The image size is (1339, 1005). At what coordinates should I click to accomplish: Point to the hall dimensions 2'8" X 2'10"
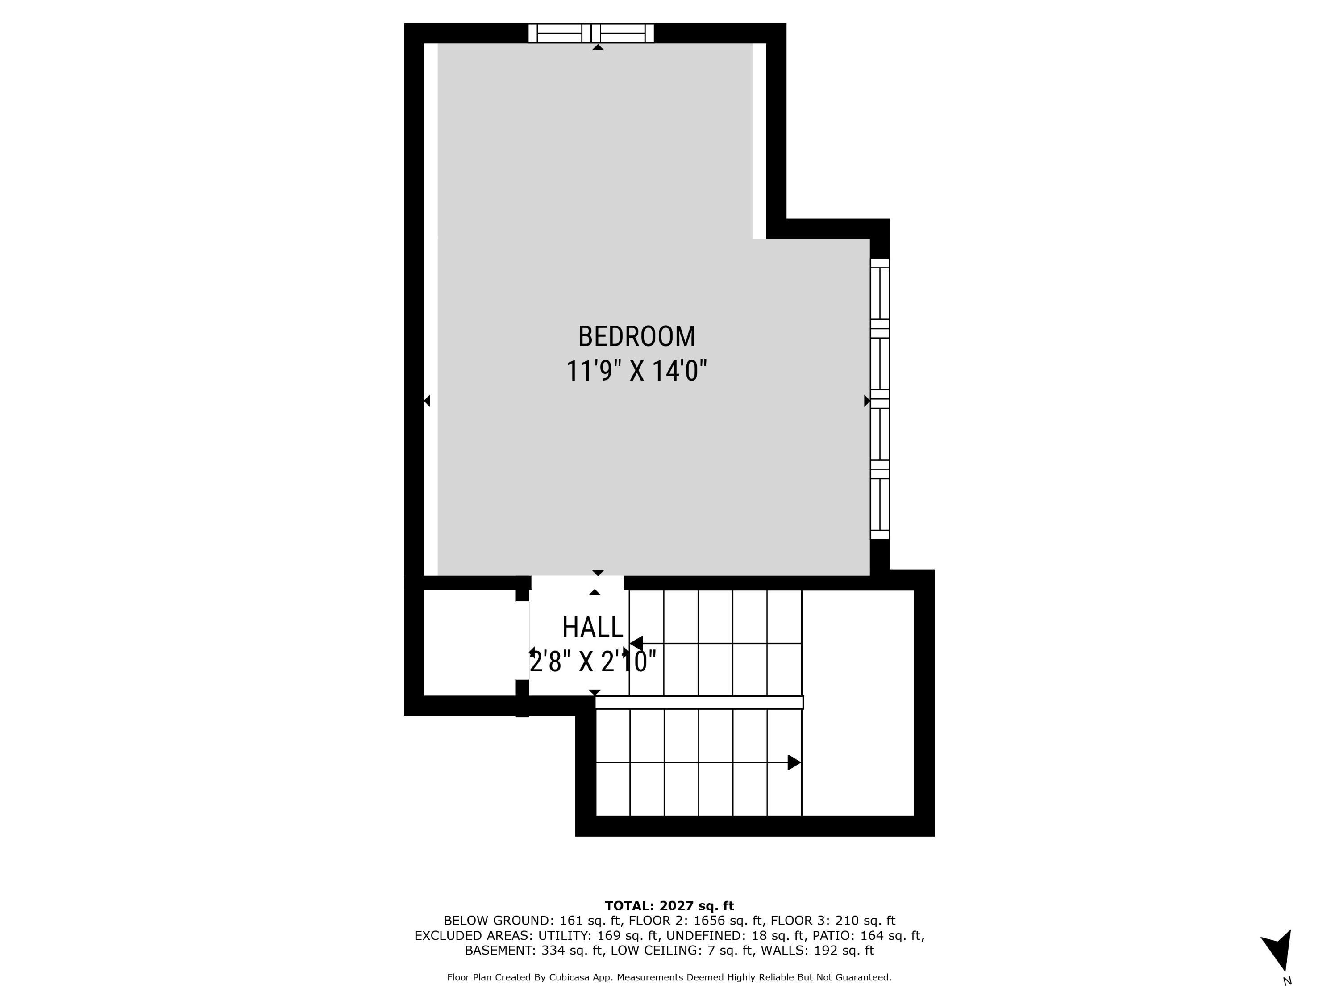click(593, 662)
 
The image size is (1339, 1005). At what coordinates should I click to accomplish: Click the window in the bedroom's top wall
click(591, 33)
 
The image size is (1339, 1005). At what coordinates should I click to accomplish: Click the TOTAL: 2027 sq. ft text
click(669, 906)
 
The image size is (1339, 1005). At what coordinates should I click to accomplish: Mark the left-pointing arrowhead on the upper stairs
click(636, 643)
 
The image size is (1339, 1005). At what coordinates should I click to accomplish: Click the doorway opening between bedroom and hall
click(578, 583)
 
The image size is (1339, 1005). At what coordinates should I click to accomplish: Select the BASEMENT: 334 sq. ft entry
click(535, 951)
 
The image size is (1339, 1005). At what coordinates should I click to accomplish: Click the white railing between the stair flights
click(699, 703)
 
